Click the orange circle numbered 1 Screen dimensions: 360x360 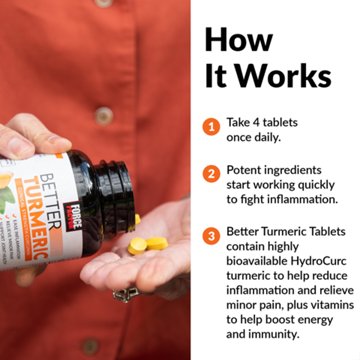211,127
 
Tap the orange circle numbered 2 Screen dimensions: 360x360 211,173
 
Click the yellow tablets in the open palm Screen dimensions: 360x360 146,246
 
